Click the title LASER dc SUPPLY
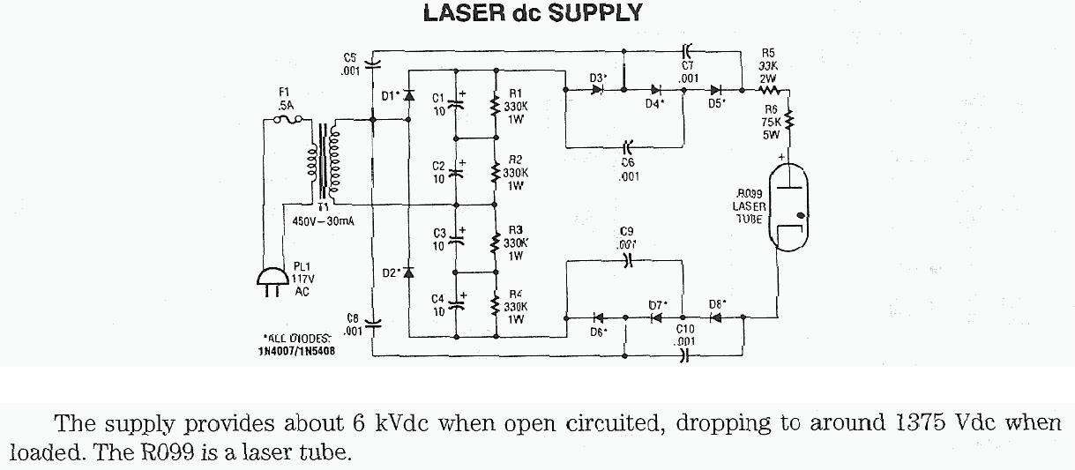pyautogui.click(x=533, y=13)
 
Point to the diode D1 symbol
pyautogui.click(x=408, y=94)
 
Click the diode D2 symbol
pyautogui.click(x=408, y=272)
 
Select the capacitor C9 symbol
pyautogui.click(x=628, y=261)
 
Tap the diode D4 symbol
pyautogui.click(x=656, y=89)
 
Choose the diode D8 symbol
pyautogui.click(x=716, y=317)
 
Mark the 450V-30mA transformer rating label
pyautogui.click(x=323, y=221)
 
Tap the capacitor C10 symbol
pyautogui.click(x=685, y=356)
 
